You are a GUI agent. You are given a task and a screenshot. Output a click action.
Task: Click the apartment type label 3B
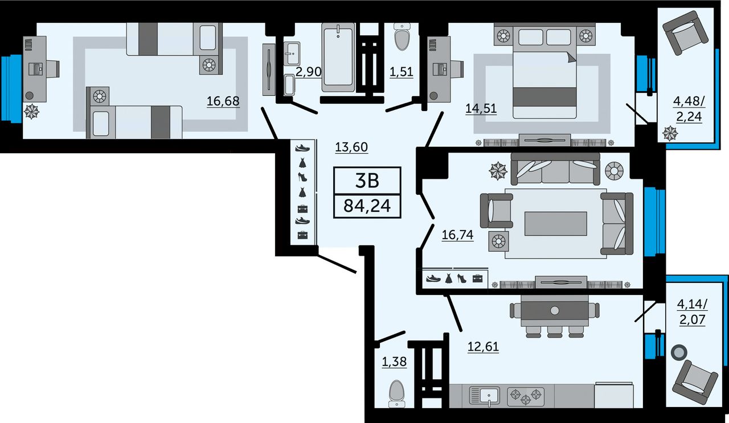[367, 181]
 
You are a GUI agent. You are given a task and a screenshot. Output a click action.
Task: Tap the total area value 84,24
[367, 206]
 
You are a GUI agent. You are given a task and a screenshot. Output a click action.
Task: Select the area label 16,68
[223, 101]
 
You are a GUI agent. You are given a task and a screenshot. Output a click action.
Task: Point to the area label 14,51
[481, 108]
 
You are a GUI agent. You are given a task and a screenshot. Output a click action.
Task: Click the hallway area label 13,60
[351, 147]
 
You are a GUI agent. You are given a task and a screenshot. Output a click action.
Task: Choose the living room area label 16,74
[457, 235]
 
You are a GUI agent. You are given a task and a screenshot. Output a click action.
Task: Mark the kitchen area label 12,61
[483, 347]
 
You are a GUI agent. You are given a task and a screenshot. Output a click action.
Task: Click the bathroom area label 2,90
[308, 71]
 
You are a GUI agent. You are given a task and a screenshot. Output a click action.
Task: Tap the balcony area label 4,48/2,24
[689, 109]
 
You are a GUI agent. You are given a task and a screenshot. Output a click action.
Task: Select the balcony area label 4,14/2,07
[692, 312]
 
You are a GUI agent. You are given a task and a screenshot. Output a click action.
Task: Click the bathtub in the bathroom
[338, 58]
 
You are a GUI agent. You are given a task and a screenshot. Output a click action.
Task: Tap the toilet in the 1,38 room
[397, 393]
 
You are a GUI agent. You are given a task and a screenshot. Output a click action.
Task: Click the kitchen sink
[485, 396]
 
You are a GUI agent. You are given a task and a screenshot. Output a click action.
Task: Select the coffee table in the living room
[555, 224]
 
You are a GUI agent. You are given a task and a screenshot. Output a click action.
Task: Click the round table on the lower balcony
[679, 352]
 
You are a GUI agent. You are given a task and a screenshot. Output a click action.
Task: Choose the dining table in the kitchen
[555, 311]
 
